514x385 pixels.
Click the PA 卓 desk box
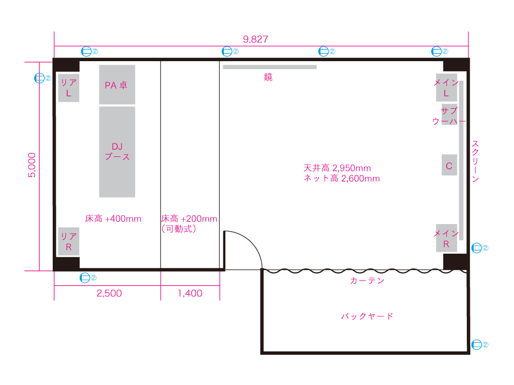117,84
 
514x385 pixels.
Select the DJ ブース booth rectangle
117,152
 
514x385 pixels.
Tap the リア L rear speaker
69,88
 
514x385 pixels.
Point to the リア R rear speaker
69,241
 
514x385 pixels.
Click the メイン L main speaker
446,87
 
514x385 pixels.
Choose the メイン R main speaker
446,238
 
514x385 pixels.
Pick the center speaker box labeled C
449,165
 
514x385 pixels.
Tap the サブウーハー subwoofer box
449,115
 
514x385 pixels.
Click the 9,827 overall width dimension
255,39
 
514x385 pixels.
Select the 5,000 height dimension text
32,165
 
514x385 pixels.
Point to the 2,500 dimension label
109,293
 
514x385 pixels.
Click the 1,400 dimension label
190,293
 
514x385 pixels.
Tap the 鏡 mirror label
268,77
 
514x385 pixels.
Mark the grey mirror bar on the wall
270,67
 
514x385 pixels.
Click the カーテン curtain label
367,281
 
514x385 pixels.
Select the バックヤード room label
367,316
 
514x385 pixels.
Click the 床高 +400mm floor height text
113,219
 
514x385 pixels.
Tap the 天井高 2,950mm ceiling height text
337,168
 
